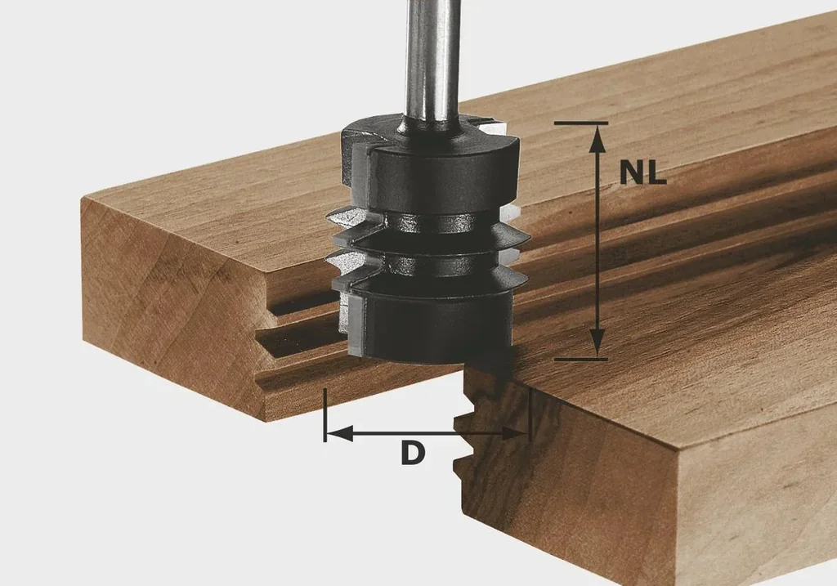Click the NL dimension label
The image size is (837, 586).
pyautogui.click(x=642, y=172)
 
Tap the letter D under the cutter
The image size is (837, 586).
pyautogui.click(x=413, y=454)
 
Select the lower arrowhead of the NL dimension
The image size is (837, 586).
pyautogui.click(x=598, y=342)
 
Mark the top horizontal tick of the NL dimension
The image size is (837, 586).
pyautogui.click(x=580, y=123)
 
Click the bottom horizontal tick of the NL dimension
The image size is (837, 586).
pyautogui.click(x=580, y=359)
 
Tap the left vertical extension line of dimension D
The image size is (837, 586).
pyautogui.click(x=325, y=414)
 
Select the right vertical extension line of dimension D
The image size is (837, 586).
pyautogui.click(x=530, y=414)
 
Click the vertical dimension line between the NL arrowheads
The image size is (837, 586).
pyautogui.click(x=598, y=245)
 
